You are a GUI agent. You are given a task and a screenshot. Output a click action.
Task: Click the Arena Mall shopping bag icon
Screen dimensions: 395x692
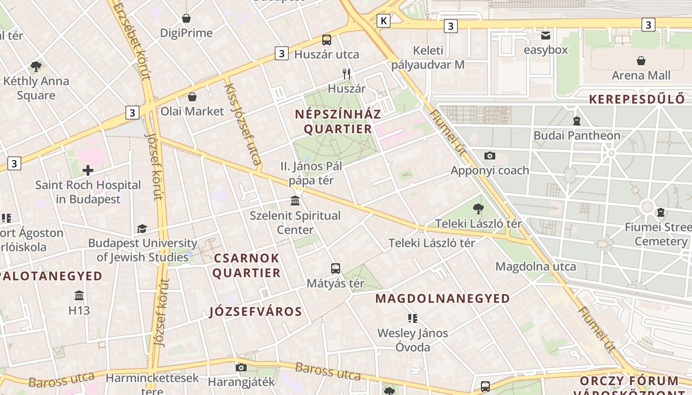641,61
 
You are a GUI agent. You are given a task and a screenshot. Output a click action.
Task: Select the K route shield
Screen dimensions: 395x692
383,20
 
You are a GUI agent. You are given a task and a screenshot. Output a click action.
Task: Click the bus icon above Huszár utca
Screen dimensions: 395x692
327,39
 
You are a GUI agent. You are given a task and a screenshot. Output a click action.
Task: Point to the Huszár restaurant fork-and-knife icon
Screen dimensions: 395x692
347,74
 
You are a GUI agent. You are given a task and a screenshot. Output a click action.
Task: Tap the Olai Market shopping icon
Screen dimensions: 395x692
192,97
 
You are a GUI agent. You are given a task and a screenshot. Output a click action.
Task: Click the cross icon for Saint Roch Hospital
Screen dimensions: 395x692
88,171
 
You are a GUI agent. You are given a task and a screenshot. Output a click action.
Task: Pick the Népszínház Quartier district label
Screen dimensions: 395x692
338,122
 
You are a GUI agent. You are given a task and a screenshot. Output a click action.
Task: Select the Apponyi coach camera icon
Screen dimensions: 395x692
490,156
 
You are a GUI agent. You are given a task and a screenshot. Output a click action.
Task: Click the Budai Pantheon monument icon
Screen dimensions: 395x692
576,120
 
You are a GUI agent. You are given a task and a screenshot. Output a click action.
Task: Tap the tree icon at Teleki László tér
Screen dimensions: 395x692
478,209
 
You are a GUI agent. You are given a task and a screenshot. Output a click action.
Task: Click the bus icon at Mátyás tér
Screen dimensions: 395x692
336,269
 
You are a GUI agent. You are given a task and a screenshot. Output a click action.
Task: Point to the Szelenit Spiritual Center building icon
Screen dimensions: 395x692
295,201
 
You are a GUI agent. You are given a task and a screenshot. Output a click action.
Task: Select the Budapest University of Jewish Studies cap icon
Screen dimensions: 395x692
142,229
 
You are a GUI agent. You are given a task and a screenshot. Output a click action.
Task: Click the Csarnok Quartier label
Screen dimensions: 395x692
247,266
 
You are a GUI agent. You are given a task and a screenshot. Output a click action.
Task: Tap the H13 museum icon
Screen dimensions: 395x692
79,296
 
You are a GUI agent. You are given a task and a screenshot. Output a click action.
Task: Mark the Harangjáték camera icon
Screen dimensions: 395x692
241,367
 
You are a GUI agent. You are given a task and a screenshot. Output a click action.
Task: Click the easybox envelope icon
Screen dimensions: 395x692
546,36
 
